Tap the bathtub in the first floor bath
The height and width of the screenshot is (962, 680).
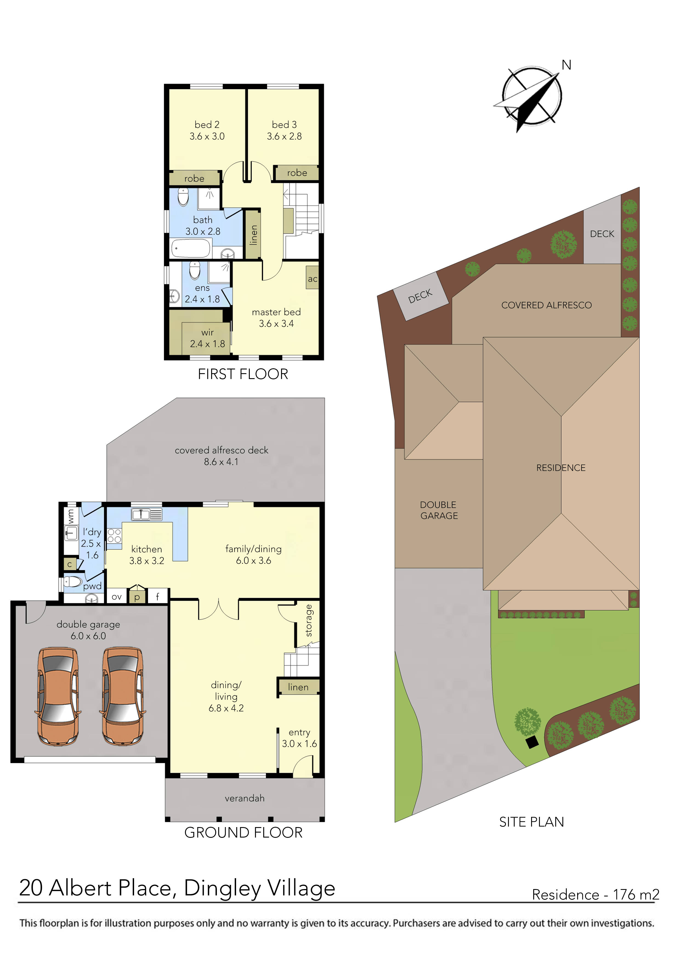pos(191,248)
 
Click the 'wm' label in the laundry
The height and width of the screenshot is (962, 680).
pos(70,516)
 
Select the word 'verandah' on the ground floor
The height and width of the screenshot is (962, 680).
pos(244,798)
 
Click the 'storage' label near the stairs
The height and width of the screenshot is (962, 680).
pos(309,621)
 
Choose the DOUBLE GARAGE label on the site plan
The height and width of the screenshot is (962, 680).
pos(439,510)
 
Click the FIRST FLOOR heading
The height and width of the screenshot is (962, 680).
pos(243,374)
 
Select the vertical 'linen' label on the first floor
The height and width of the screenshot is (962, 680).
pos(253,235)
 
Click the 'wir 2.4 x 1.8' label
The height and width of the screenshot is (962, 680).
pos(207,338)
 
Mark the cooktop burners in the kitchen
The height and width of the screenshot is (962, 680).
pos(114,536)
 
